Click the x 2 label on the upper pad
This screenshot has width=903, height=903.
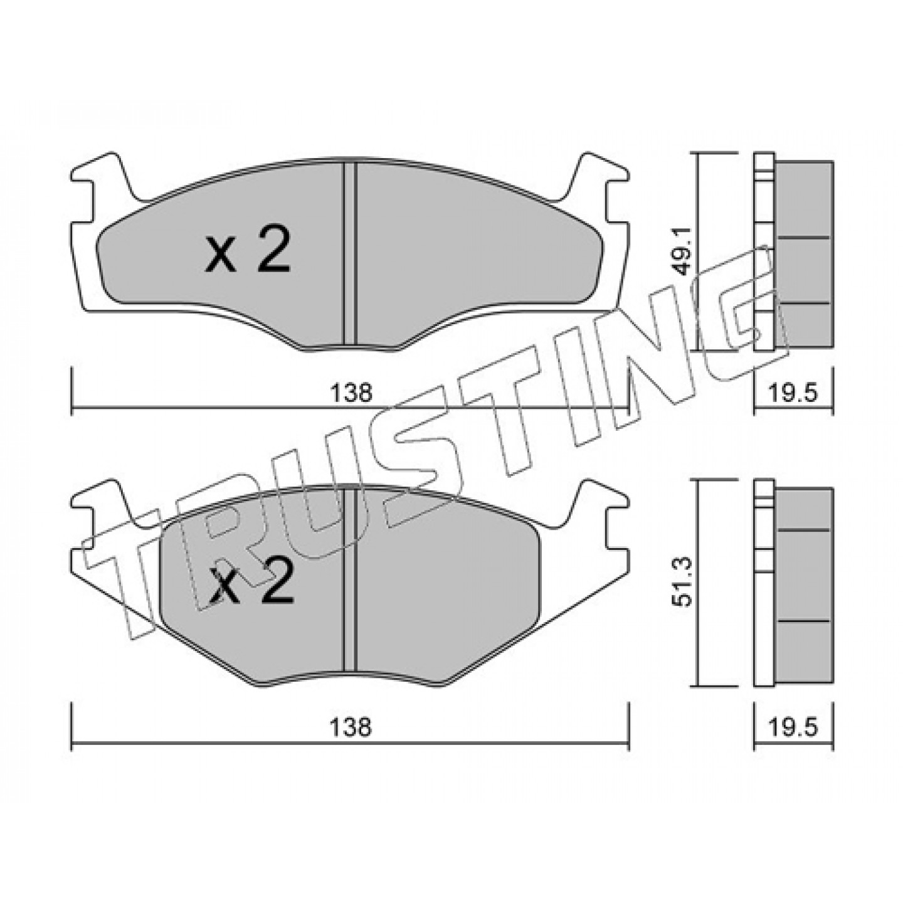coord(248,253)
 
